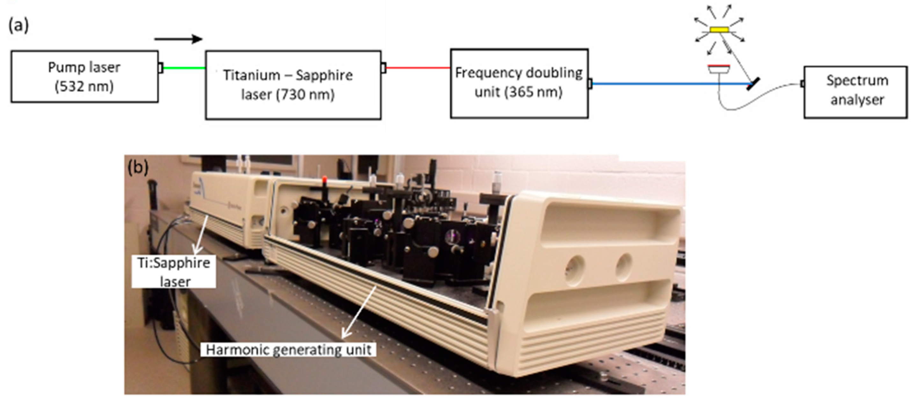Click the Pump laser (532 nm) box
[x=84, y=77]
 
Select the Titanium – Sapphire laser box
[x=293, y=85]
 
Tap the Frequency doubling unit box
[x=519, y=83]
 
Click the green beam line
[x=184, y=68]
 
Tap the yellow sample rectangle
[x=719, y=30]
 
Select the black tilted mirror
[x=753, y=84]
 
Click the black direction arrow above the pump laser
[x=179, y=39]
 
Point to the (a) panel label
[x=18, y=26]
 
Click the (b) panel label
[x=138, y=167]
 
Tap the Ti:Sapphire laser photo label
[x=174, y=272]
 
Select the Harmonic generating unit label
[x=288, y=350]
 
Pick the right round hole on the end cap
[x=624, y=264]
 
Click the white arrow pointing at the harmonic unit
[x=359, y=312]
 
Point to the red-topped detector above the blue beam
[x=719, y=68]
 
